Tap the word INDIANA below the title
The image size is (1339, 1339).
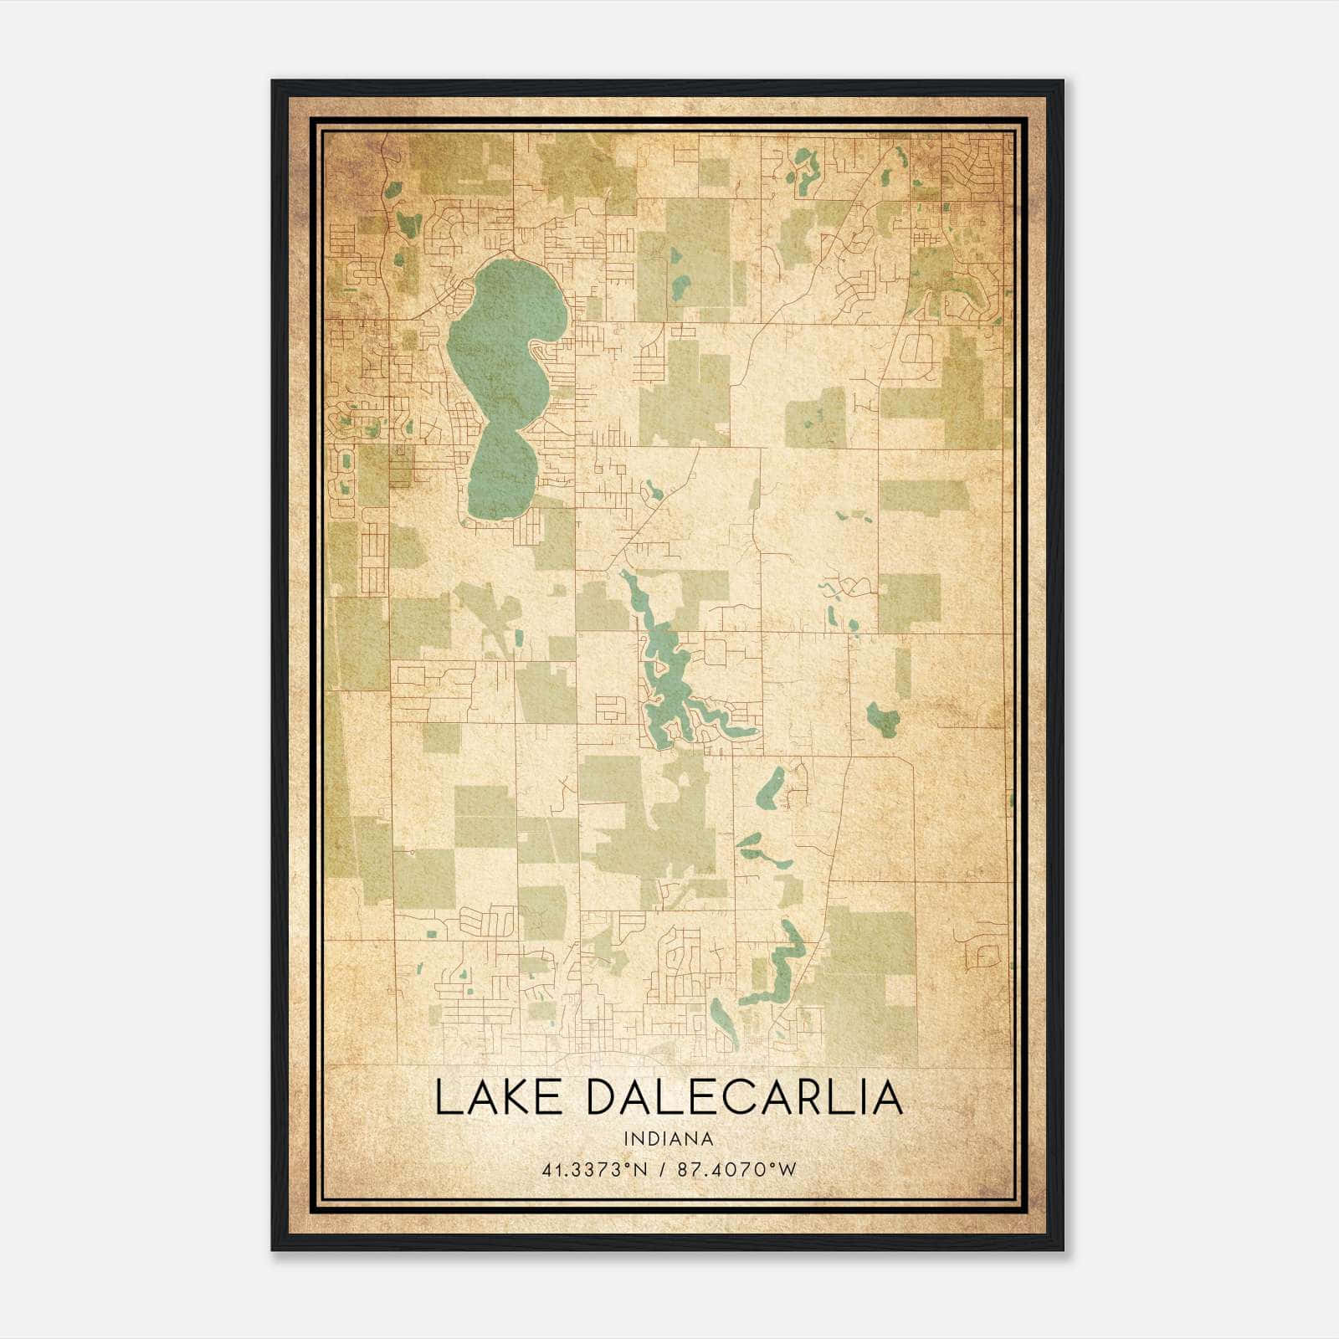[668, 1139]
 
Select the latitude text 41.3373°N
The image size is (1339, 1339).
[594, 1169]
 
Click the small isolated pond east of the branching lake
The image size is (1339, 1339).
[882, 716]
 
